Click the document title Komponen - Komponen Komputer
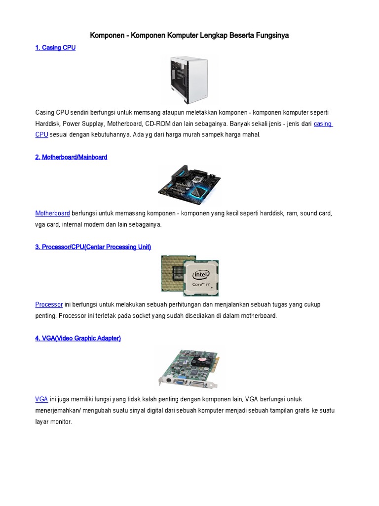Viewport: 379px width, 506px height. point(189,36)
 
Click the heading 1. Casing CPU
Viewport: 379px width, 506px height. point(55,48)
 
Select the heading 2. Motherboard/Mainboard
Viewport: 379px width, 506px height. point(71,157)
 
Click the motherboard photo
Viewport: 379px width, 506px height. point(189,185)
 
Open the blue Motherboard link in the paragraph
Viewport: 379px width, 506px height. point(52,213)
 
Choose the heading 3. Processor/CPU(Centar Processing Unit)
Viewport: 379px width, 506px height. point(93,247)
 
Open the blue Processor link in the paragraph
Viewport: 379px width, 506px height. point(49,305)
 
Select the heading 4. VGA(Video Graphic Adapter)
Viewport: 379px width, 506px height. point(78,338)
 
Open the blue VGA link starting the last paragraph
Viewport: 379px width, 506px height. point(41,399)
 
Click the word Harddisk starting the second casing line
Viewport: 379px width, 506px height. point(47,124)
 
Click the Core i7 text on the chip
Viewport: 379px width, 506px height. point(201,285)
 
